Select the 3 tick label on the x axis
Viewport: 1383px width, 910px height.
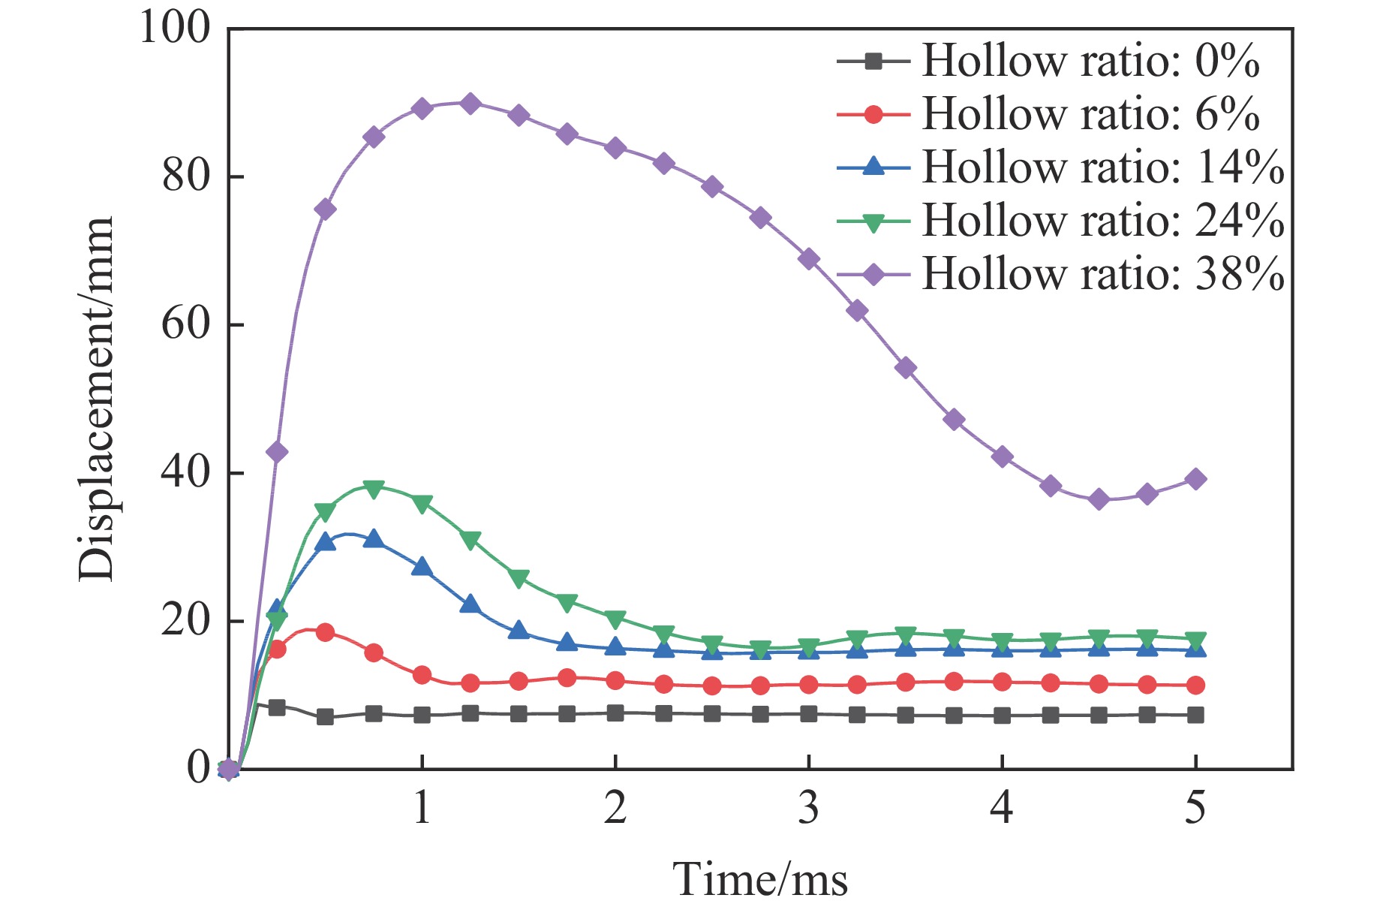(x=808, y=808)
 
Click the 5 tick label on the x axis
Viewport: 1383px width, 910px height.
(x=1195, y=808)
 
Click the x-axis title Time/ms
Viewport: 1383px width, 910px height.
(x=760, y=879)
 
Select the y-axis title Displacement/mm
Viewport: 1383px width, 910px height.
(x=96, y=398)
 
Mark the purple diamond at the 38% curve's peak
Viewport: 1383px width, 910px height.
(x=471, y=104)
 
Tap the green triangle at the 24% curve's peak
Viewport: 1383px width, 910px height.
(x=374, y=488)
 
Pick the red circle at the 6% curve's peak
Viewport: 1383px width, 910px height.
(x=325, y=632)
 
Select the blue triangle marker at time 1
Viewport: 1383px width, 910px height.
(x=422, y=567)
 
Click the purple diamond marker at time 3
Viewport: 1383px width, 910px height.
(x=809, y=259)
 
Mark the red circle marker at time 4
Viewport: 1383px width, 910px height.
(x=1003, y=682)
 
